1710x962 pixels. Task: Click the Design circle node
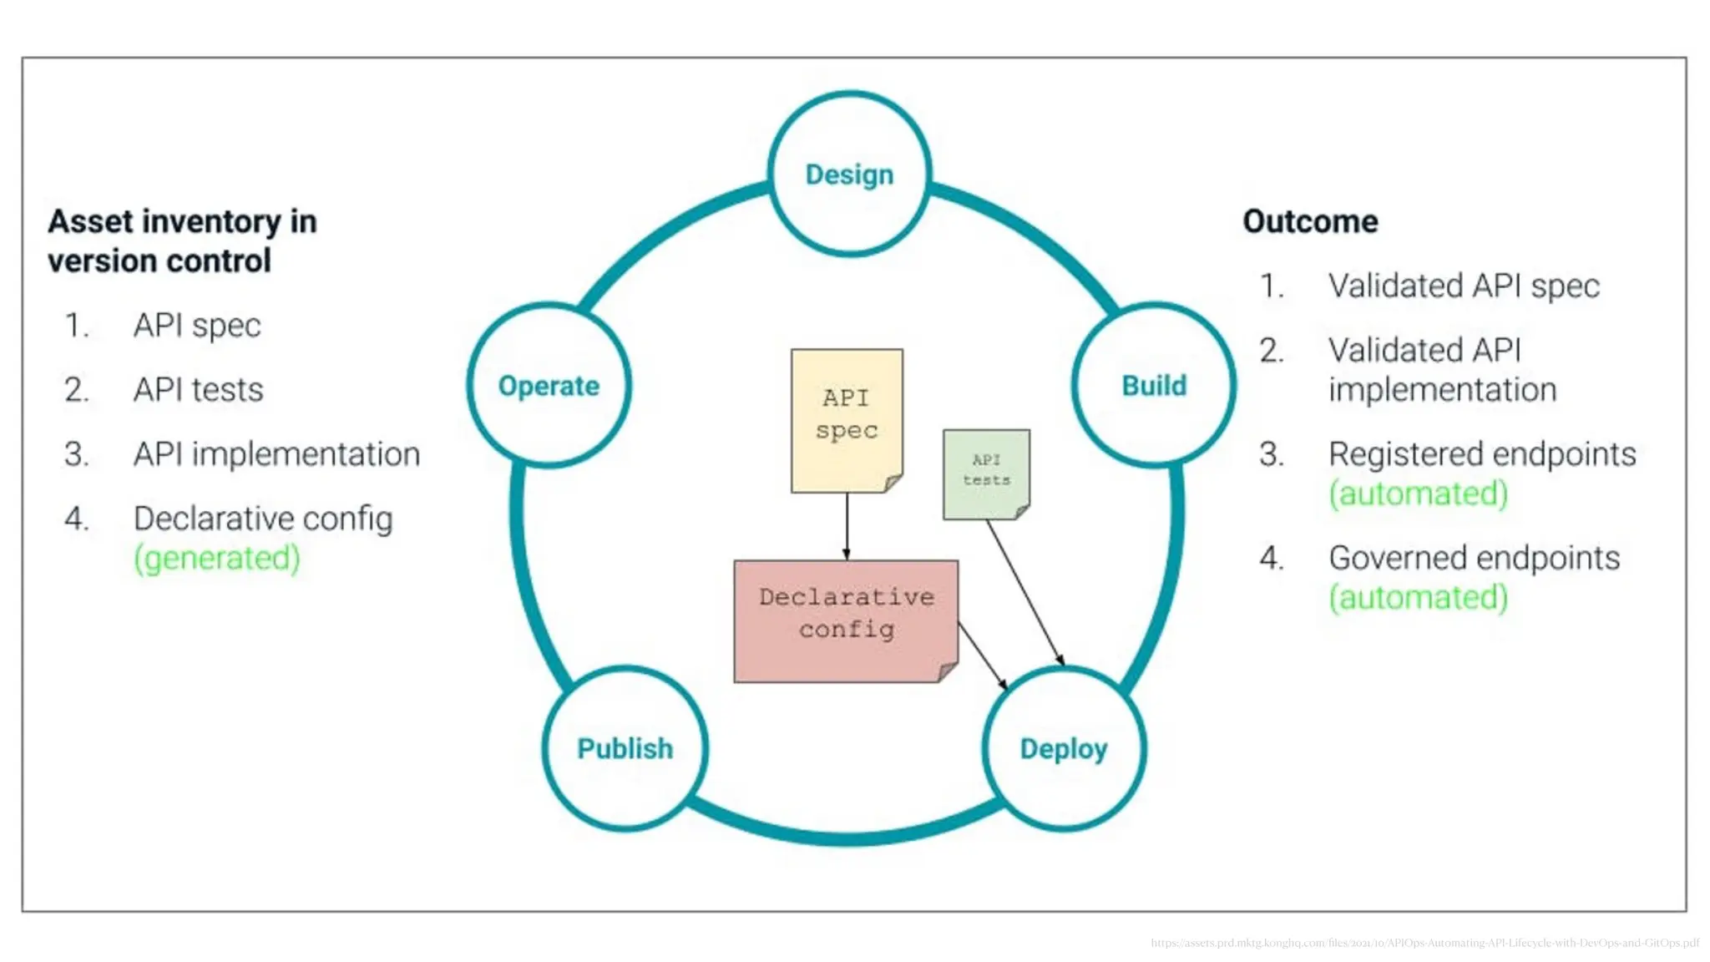click(x=849, y=174)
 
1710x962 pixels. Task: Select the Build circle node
click(x=1154, y=385)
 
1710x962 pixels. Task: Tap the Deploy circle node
click(x=1064, y=748)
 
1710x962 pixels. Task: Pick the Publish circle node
click(x=625, y=748)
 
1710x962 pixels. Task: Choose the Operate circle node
click(x=549, y=385)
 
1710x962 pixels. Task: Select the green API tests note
click(x=986, y=473)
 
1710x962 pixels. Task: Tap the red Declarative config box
click(x=846, y=620)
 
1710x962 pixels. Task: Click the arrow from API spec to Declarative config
click(x=847, y=526)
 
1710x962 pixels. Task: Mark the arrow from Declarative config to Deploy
click(x=983, y=656)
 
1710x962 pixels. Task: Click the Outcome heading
click(x=1310, y=221)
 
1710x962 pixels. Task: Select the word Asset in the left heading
click(x=91, y=221)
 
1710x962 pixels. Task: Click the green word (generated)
click(x=217, y=558)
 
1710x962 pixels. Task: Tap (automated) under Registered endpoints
click(x=1419, y=494)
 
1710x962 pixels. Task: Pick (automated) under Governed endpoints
click(x=1419, y=598)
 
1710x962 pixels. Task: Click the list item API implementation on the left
click(x=276, y=454)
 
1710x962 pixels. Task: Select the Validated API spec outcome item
click(x=1464, y=286)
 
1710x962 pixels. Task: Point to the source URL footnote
click(x=1424, y=943)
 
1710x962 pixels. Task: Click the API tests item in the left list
click(x=198, y=390)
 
